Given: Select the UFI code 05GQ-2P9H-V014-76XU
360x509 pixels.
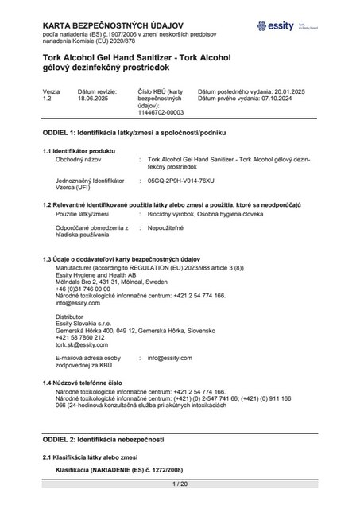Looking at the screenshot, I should coord(187,181).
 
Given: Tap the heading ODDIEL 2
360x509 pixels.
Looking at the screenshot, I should coord(103,439).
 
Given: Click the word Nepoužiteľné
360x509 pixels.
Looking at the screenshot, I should coord(167,227).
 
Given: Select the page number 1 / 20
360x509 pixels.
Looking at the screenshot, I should coord(180,484).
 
